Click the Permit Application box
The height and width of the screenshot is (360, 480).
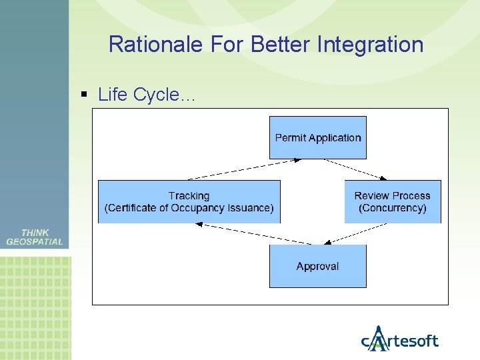[317, 137]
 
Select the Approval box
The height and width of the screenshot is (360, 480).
[317, 266]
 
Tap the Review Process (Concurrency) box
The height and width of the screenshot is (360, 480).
[392, 201]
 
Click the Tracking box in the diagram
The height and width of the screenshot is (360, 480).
[189, 201]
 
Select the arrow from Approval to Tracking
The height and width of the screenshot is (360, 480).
[253, 233]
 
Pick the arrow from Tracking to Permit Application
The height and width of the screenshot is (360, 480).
[245, 169]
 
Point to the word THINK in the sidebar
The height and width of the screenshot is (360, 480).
[35, 233]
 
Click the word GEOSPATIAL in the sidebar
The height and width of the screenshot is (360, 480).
[35, 242]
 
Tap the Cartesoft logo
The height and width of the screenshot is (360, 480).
[399, 339]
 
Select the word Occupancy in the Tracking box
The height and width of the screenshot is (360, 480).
[204, 208]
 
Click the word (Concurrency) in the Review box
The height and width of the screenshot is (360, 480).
[392, 208]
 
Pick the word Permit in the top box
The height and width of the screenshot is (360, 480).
[290, 138]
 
